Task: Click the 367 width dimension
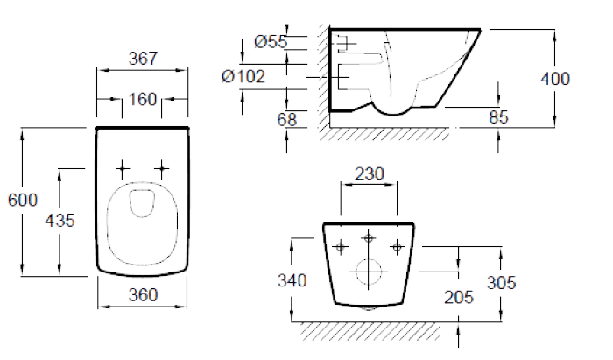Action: point(143,59)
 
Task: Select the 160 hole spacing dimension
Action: point(143,99)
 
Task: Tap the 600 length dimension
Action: point(23,200)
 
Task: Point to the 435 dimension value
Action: point(60,221)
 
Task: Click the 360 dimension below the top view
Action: point(143,294)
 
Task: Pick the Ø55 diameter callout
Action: point(271,41)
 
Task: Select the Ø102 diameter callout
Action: point(243,76)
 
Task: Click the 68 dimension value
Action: point(287,120)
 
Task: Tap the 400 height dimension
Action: point(555,79)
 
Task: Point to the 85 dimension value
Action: point(498,117)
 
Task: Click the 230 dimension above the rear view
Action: point(370,174)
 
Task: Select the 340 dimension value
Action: point(292,280)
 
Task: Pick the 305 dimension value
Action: point(501,282)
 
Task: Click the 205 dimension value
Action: point(459,298)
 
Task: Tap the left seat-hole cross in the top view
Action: point(123,168)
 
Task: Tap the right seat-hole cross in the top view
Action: point(161,168)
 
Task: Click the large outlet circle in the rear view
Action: point(369,272)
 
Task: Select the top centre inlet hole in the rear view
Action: point(369,237)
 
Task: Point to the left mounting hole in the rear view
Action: point(340,247)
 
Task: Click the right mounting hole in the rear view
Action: point(398,247)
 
